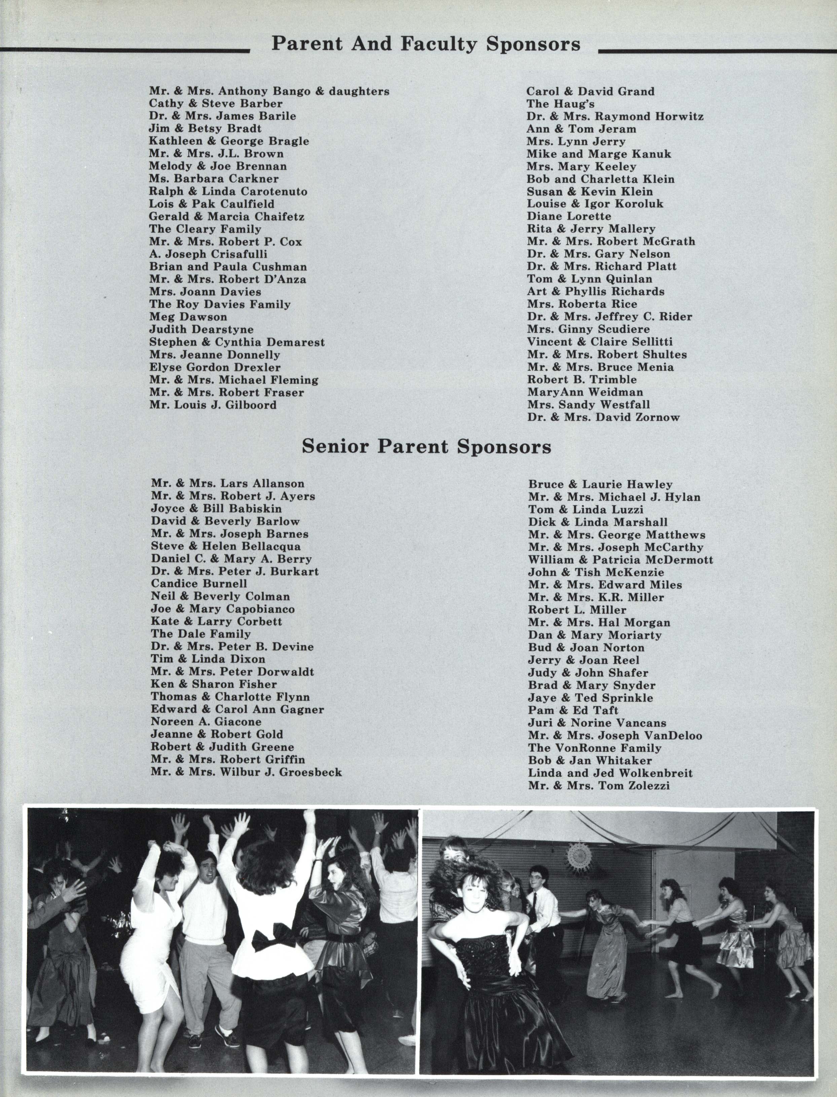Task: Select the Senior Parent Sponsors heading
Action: pos(427,447)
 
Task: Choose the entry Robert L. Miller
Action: pos(577,610)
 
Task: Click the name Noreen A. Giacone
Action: pos(206,721)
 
